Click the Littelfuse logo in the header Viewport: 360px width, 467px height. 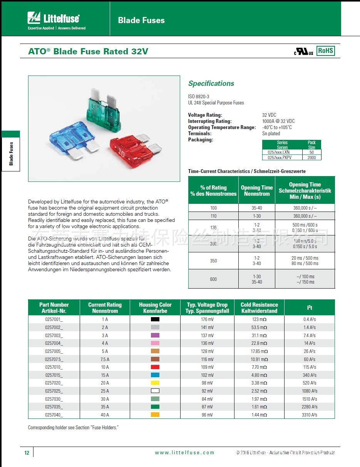pos(54,18)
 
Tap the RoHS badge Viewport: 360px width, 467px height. pos(325,51)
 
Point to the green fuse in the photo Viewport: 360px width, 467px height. pos(102,110)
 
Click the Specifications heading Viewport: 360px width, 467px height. pos(211,84)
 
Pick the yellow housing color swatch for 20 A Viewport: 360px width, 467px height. pos(155,383)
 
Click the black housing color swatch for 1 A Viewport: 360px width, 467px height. pos(155,319)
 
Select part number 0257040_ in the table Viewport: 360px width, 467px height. pos(54,415)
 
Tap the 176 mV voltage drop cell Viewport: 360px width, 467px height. pos(207,319)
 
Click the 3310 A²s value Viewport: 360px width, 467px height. pos(310,415)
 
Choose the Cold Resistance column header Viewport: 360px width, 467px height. pos(259,307)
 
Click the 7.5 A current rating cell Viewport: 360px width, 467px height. pos(105,359)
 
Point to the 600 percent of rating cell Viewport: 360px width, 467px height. pos(213,279)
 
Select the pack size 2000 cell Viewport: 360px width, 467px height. pos(311,158)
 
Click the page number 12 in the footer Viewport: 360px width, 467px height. pos(27,453)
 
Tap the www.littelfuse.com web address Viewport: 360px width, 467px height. pos(184,453)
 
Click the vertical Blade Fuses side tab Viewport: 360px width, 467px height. pos(11,153)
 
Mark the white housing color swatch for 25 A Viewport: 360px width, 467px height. pos(155,391)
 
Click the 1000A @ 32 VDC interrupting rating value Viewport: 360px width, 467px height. pos(278,121)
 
